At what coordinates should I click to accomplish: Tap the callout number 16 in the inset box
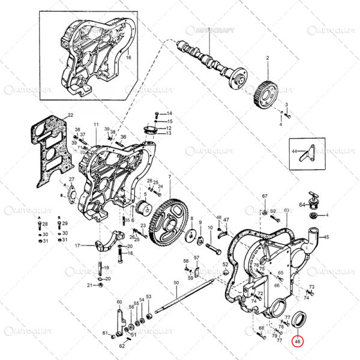(x=128, y=58)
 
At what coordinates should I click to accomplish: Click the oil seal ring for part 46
(x=299, y=319)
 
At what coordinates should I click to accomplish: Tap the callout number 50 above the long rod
(x=176, y=283)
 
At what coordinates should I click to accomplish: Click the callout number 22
(x=70, y=115)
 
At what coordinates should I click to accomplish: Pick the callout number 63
(x=287, y=211)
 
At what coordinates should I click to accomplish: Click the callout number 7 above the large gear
(x=170, y=176)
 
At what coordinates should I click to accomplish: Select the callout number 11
(x=95, y=125)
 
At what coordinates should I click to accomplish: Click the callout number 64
(x=302, y=205)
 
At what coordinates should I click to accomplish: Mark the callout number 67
(x=265, y=197)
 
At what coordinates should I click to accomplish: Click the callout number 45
(x=326, y=238)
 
